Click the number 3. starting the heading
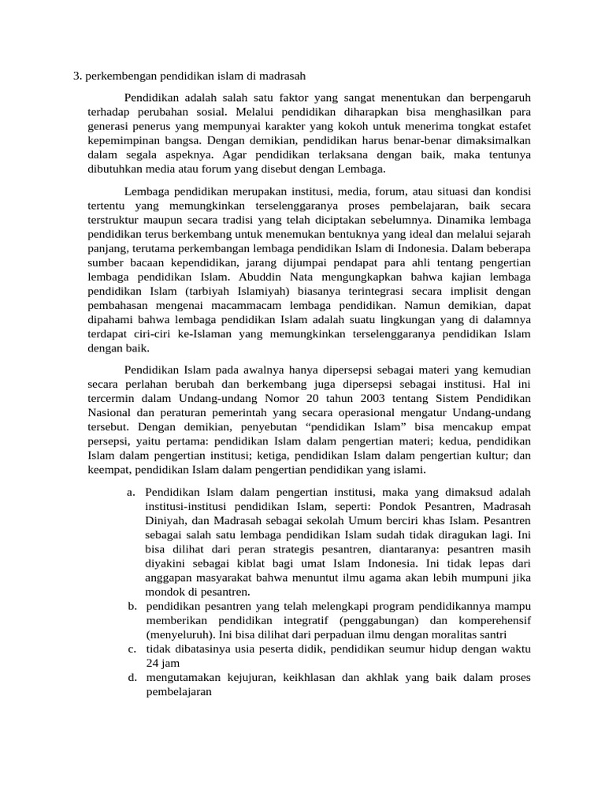[x=78, y=76]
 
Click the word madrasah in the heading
[x=281, y=76]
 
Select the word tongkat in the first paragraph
[x=466, y=126]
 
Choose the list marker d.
[x=130, y=678]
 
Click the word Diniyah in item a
[x=166, y=522]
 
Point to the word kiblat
[x=271, y=563]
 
